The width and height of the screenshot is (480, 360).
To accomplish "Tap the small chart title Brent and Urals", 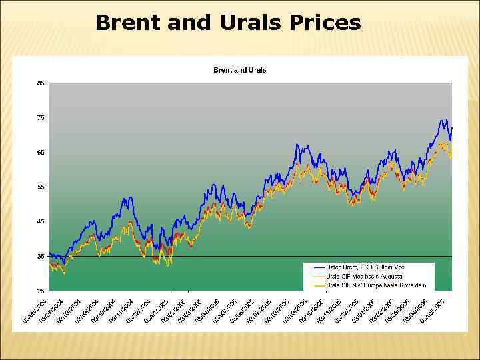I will [x=239, y=70].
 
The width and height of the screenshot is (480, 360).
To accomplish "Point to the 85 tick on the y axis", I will [x=41, y=83].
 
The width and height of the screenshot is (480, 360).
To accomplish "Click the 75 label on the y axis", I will [x=41, y=118].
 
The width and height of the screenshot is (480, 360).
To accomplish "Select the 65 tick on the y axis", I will [x=41, y=153].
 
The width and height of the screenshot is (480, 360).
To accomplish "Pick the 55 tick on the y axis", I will [x=41, y=187].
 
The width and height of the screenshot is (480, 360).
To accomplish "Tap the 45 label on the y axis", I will [x=41, y=222].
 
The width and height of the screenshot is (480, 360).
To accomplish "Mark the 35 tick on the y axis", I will [x=41, y=257].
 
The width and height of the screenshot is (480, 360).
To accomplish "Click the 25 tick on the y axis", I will [x=41, y=291].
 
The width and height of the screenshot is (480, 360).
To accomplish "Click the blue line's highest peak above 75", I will [x=443, y=121].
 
